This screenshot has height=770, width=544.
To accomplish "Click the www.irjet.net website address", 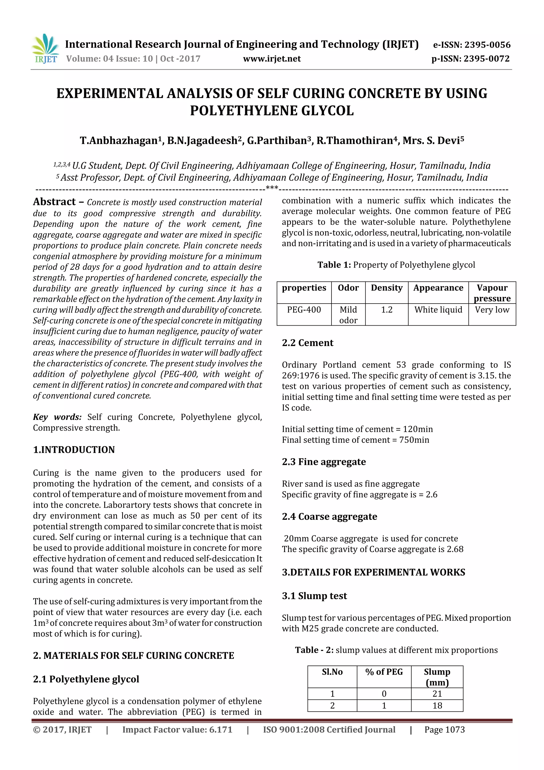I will point(271,59).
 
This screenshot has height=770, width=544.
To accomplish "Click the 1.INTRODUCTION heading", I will point(74,449).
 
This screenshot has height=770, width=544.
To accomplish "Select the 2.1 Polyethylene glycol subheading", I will point(86,679).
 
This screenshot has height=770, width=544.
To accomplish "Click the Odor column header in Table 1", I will point(348,288).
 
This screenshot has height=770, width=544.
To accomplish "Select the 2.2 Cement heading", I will point(307,343).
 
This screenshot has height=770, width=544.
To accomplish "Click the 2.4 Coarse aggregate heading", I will point(329,516).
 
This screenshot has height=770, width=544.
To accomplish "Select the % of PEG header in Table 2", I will point(384,672).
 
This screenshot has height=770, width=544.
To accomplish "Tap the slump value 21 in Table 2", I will point(437,693).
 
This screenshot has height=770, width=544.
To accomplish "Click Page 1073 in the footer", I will point(444,730).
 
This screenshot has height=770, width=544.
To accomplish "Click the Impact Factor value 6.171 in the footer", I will point(177,730).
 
